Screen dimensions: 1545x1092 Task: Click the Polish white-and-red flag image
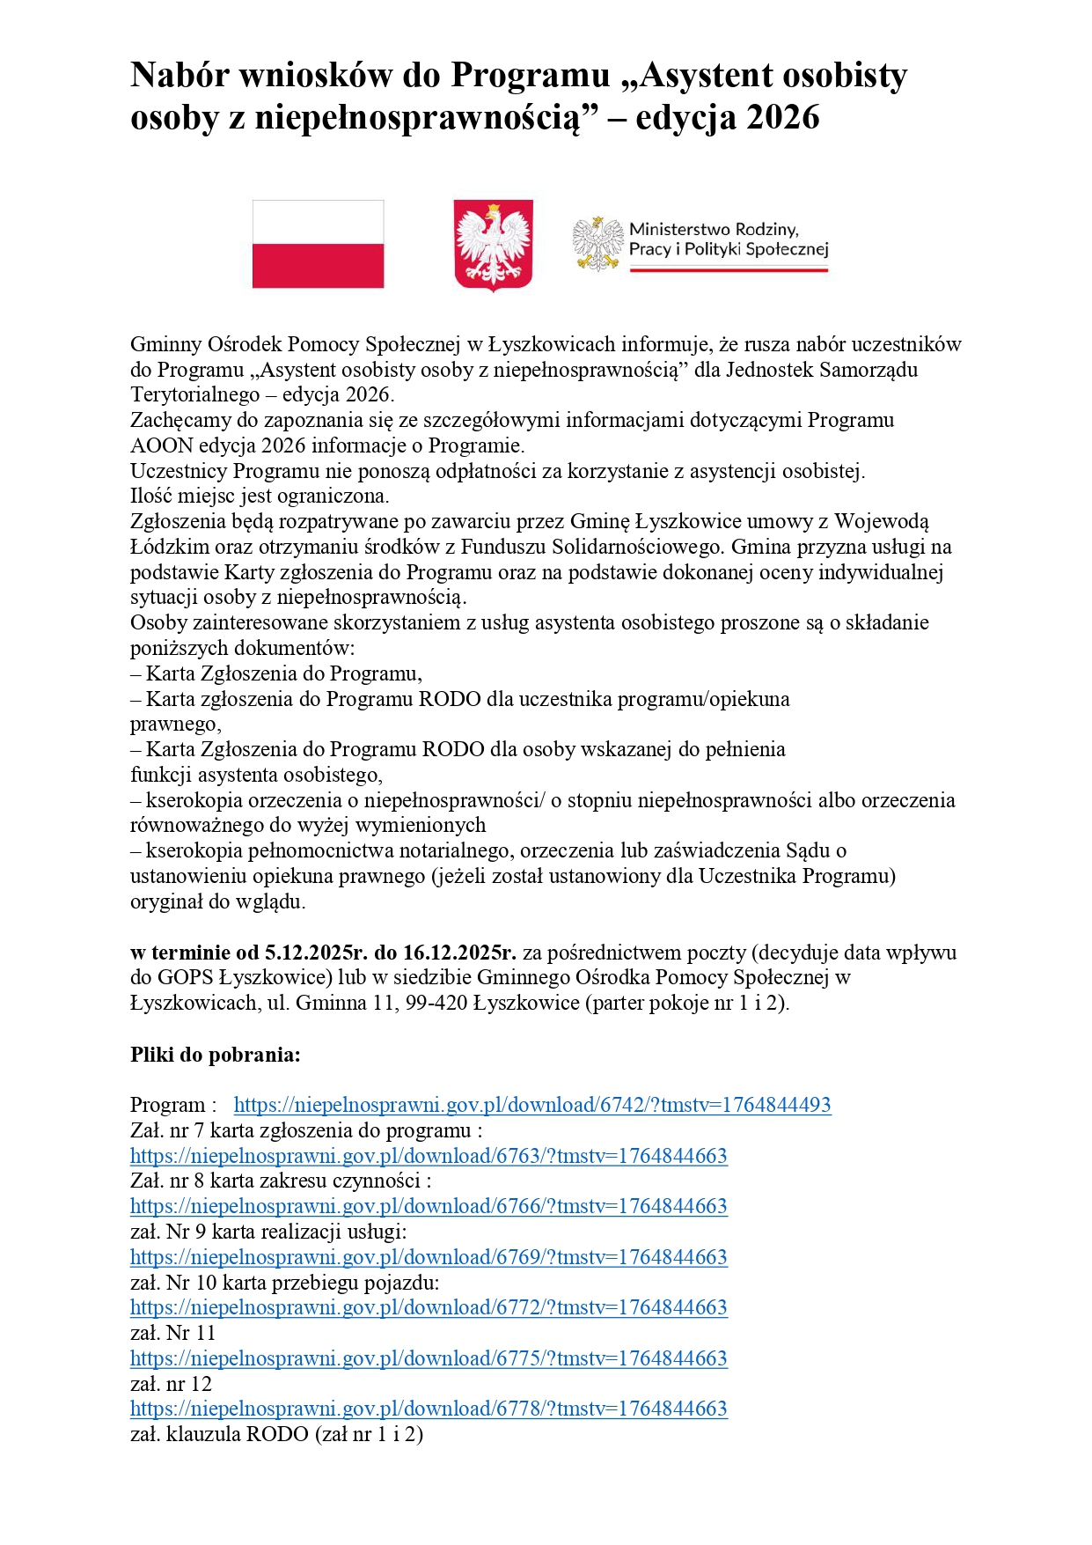coord(318,244)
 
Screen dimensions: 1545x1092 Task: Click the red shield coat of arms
coord(493,245)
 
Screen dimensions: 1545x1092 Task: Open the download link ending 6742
coord(531,1105)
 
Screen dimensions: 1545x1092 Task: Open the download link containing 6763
coord(429,1156)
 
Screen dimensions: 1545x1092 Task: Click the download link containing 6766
coord(429,1206)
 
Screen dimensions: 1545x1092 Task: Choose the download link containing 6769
coord(429,1257)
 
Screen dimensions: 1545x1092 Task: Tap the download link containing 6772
coord(429,1307)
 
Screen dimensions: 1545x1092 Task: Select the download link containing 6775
coord(429,1358)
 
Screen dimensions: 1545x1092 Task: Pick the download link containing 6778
coord(429,1409)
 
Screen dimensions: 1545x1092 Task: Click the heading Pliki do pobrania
coord(216,1055)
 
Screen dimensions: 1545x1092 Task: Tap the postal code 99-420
coord(436,1004)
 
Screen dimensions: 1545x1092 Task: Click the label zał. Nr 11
coord(172,1333)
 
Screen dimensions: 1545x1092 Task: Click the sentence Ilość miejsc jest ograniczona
coord(260,496)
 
